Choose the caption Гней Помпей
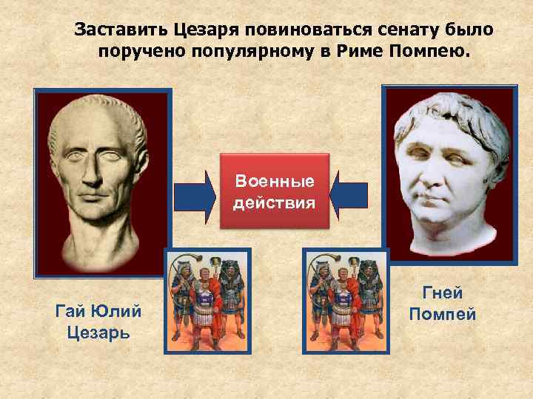443,304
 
